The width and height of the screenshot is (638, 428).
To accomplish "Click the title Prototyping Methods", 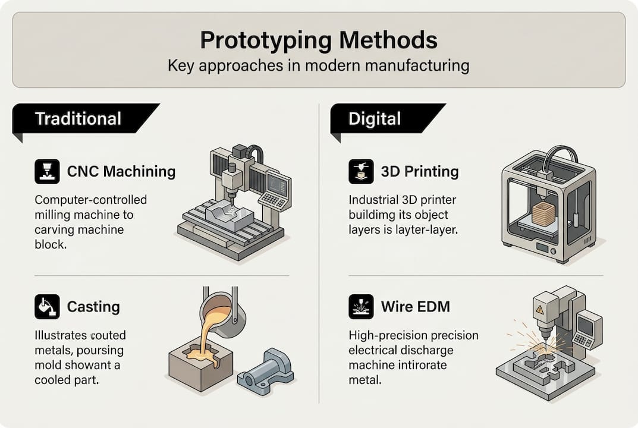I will [318, 40].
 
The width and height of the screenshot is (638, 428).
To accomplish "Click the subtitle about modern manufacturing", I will [318, 65].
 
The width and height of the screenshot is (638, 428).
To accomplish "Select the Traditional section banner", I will [78, 118].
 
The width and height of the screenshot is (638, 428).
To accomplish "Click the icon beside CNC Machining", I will [47, 172].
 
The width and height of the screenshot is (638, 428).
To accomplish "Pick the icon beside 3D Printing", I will [361, 172].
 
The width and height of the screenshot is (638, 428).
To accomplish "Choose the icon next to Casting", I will [47, 307].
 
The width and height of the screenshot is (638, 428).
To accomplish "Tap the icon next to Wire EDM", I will [361, 307].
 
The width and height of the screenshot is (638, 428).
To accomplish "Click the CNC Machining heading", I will [121, 172].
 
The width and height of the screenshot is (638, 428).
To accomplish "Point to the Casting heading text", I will [93, 307].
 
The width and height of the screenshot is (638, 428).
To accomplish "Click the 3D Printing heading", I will [420, 172].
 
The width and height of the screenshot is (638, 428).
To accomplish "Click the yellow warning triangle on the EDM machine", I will [539, 310].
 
